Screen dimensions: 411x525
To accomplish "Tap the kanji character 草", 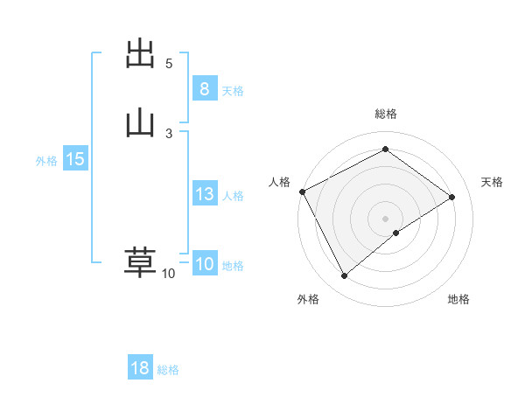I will pos(140,262).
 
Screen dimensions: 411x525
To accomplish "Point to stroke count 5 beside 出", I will pos(169,64).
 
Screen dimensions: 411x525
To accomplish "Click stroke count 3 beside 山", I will pos(169,133).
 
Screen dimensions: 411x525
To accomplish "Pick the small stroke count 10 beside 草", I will pos(168,274).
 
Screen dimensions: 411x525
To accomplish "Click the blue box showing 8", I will pos(204,88).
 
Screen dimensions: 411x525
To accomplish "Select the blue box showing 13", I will pos(204,194).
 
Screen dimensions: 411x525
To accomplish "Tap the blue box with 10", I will pos(204,264).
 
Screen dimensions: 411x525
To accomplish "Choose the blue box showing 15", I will pos(74,159).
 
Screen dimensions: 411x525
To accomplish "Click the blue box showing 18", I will pos(140,368).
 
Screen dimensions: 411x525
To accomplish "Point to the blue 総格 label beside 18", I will pos(168,370).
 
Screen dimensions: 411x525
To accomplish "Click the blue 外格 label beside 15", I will pos(46,161).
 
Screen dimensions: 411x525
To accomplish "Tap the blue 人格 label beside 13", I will pos(234,196).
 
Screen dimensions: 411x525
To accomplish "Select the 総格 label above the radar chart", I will pos(386,114).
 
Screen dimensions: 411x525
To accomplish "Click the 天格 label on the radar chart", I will pos(493,182).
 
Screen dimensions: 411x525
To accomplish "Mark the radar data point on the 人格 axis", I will pos(302,192).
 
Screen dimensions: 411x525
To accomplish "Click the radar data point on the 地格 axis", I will pos(396,233).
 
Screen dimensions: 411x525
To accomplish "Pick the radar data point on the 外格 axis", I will pos(344,276).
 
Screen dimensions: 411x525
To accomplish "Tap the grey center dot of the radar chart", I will pos(386,218).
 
